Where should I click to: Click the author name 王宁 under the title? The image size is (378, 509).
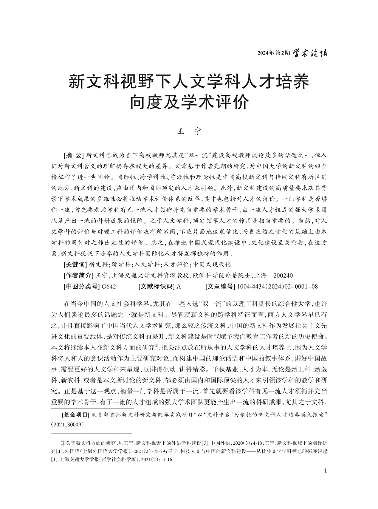(189, 132)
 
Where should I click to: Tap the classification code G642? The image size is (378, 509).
(109, 286)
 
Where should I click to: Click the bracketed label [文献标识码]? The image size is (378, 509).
(156, 286)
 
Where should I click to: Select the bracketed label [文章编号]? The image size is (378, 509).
(220, 286)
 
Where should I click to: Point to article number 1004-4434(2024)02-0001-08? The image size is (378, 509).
(277, 286)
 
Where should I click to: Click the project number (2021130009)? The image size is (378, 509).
(67, 425)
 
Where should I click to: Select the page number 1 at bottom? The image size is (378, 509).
(325, 470)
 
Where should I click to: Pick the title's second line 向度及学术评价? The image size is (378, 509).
(189, 102)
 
